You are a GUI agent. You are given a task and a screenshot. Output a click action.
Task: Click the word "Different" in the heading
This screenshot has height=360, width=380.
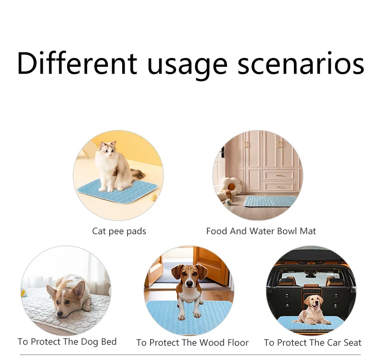click(x=77, y=62)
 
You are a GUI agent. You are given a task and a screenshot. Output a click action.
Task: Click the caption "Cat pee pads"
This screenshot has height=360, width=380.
click(x=119, y=231)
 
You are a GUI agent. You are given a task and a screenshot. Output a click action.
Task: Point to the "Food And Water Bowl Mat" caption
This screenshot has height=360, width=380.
click(x=261, y=231)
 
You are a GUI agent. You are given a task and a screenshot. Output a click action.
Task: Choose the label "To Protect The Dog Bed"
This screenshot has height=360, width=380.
click(x=67, y=342)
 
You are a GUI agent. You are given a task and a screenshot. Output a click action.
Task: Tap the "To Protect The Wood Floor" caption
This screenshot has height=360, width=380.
click(x=192, y=343)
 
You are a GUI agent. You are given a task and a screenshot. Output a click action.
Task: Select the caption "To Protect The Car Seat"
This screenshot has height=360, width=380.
click(x=313, y=343)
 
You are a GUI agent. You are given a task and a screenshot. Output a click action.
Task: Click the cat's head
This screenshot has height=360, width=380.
click(x=107, y=149)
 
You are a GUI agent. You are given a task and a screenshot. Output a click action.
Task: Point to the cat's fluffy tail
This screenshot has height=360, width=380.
click(x=137, y=174)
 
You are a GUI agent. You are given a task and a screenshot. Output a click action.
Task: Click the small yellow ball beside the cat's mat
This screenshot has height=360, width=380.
click(x=153, y=198)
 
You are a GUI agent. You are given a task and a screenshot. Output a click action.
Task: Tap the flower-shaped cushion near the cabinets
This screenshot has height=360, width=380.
click(x=231, y=186)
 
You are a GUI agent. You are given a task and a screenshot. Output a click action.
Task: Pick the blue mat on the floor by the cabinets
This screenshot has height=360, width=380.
click(x=269, y=201)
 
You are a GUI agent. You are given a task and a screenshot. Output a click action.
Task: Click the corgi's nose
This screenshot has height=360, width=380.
click(x=59, y=314)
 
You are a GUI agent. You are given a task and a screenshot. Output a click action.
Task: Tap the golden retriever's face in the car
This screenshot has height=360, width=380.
click(x=314, y=302)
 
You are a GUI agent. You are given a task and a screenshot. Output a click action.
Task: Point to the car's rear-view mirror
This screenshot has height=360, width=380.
click(x=311, y=275)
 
